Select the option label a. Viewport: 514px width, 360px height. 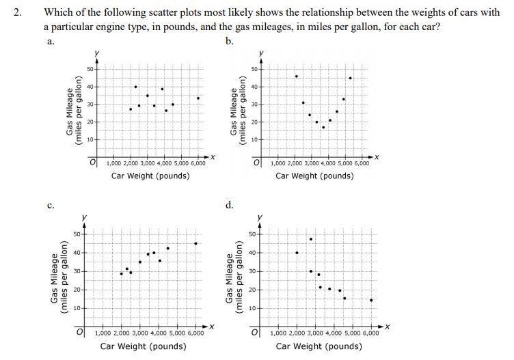(49, 41)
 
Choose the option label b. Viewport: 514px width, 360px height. (229, 41)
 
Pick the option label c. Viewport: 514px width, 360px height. (51, 205)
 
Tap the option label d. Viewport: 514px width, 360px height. (229, 205)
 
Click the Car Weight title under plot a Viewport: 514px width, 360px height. (150, 176)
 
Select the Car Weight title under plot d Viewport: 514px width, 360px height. (319, 346)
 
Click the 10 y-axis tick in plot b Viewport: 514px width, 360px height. (254, 140)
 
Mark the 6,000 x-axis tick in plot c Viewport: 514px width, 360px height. (195, 333)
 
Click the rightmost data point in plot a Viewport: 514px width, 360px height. (198, 98)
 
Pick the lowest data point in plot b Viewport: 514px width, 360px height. (323, 127)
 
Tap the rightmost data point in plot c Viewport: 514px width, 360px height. (195, 244)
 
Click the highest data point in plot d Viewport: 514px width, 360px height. (311, 239)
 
